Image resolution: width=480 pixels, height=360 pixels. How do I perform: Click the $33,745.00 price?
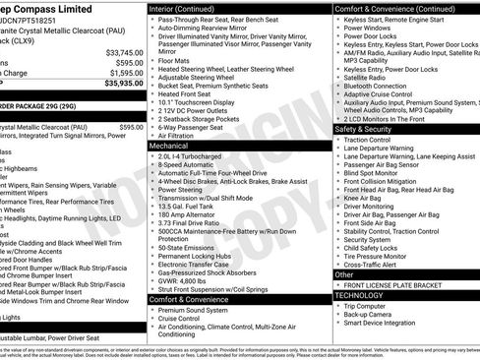(x=123, y=52)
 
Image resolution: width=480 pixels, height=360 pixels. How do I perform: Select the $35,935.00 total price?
(x=123, y=85)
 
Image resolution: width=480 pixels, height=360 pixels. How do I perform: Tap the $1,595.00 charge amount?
(x=125, y=73)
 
